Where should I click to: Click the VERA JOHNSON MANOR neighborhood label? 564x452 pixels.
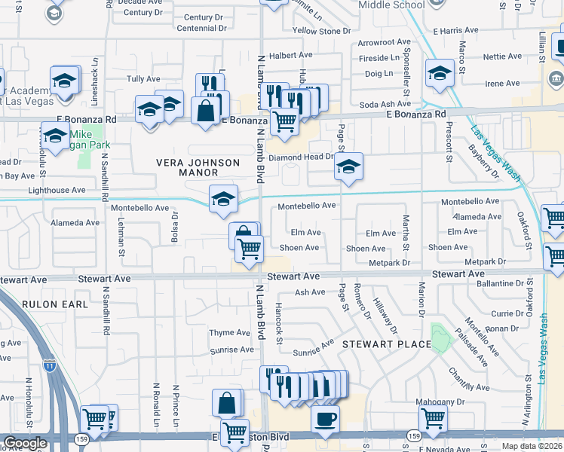click(198, 167)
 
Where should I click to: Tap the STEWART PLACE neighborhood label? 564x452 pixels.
click(387, 344)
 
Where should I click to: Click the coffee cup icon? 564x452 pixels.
click(325, 419)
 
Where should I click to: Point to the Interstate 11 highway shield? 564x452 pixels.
click(49, 365)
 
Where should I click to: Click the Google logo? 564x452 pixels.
click(24, 443)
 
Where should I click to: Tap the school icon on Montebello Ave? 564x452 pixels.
click(223, 199)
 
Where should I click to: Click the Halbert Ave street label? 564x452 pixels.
click(290, 55)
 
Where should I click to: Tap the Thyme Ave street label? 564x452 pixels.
click(229, 332)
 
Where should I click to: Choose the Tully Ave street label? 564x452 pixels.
click(143, 78)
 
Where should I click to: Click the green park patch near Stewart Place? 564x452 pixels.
click(438, 331)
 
